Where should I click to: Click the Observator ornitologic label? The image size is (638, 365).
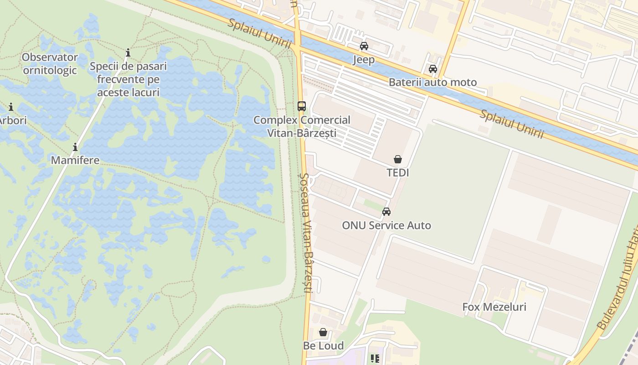point(50,64)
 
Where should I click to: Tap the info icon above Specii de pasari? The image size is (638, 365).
point(128,53)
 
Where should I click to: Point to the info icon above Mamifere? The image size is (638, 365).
point(75,147)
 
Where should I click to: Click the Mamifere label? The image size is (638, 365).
point(75,160)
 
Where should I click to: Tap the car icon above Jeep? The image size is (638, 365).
point(364,46)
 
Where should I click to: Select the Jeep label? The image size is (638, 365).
point(364,60)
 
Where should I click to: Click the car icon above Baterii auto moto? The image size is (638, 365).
point(432,69)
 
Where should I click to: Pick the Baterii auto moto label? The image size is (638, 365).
point(432,83)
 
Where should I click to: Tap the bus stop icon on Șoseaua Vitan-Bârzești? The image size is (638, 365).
point(301,106)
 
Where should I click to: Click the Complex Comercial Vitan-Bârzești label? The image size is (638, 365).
point(302,126)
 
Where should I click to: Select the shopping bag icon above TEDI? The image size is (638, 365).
point(398,159)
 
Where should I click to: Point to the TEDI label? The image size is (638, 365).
point(398,173)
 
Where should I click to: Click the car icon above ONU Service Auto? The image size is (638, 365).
point(386,212)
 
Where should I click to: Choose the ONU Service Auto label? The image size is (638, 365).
point(386,225)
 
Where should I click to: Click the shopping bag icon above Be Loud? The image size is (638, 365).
point(323,332)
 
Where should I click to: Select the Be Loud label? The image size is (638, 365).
point(323,346)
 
